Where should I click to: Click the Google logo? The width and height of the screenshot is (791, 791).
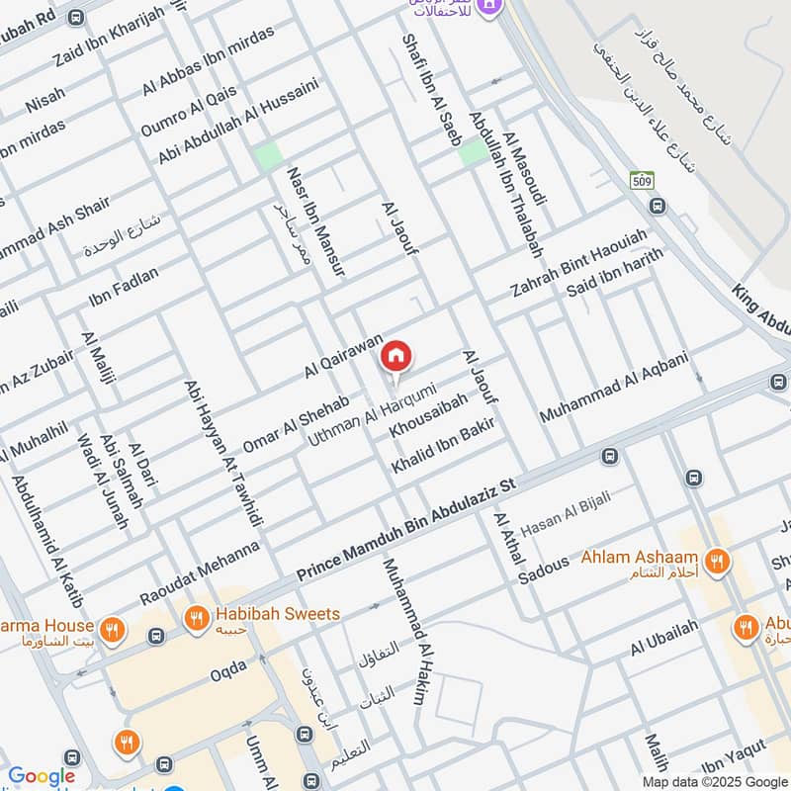pos(41,777)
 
